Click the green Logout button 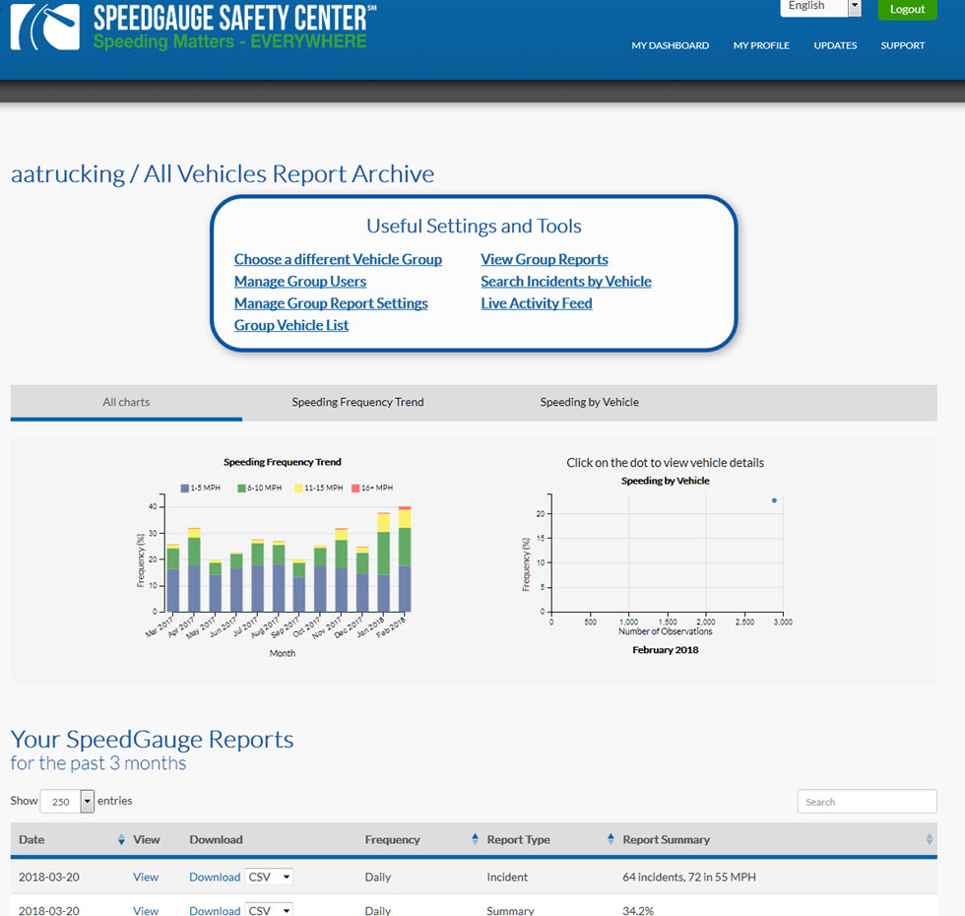tap(907, 9)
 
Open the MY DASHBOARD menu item tap(671, 45)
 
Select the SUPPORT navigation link tap(902, 45)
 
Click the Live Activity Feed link tap(537, 303)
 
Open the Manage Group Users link tap(300, 282)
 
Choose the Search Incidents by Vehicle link tap(566, 282)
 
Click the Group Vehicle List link tap(291, 326)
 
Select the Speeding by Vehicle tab tap(590, 402)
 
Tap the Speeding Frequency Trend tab tap(357, 402)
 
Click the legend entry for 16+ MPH tap(372, 489)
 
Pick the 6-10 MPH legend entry tap(260, 489)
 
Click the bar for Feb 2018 tap(405, 559)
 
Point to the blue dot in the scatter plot tap(774, 500)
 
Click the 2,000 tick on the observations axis tap(706, 622)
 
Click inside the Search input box tap(868, 802)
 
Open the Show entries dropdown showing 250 tap(67, 802)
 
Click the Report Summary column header tap(667, 839)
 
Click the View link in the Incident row tap(146, 878)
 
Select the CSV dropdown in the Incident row tap(269, 878)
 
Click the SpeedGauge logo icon tap(45, 27)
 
